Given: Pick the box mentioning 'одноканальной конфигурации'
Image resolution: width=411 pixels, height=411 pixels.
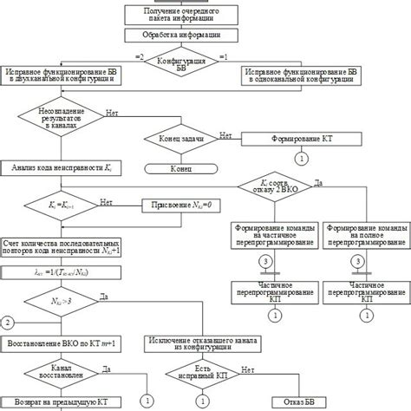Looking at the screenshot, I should [298, 74].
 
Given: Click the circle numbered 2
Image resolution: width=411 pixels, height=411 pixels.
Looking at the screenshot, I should [8, 323].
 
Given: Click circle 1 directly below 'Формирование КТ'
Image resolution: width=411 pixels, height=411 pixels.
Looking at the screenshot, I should [302, 159].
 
